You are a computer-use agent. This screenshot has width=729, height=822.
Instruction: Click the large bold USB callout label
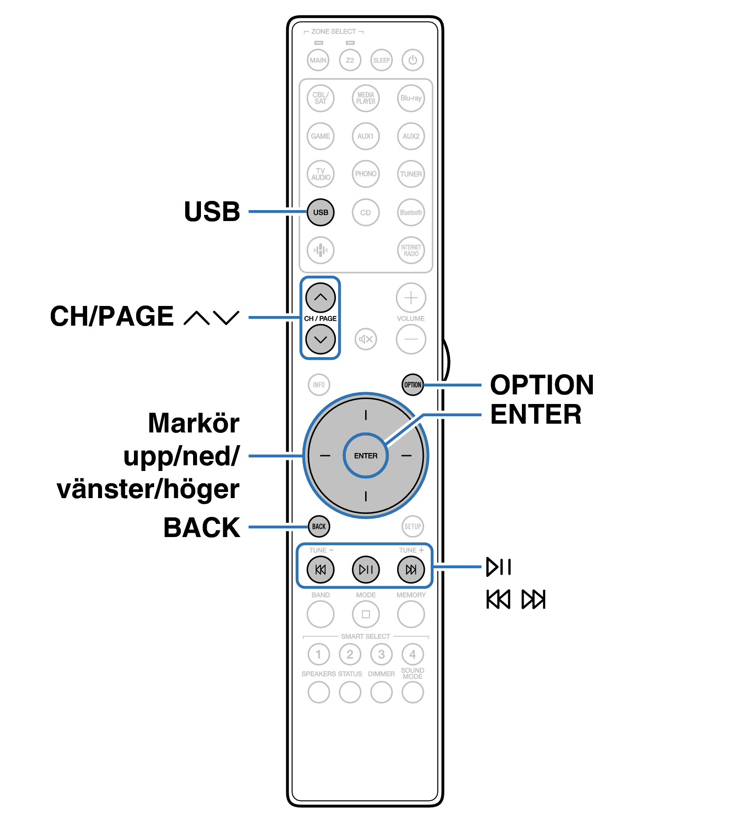212,212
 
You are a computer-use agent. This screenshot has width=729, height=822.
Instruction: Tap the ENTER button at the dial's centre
366,456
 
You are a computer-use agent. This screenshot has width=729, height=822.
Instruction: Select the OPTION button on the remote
412,385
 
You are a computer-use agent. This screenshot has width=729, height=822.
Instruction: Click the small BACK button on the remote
319,526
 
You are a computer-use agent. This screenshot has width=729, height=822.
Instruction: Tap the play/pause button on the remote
366,569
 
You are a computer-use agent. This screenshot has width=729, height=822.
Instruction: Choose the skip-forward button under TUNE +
411,569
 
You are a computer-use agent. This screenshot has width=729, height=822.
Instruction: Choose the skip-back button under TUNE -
320,569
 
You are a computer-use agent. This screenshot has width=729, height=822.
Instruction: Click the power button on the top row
412,60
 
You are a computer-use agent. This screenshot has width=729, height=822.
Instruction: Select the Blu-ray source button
411,98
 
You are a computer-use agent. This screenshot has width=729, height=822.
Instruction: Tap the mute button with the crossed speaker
366,339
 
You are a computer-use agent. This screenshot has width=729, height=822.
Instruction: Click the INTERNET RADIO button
411,250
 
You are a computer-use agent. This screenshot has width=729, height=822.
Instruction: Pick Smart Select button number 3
381,654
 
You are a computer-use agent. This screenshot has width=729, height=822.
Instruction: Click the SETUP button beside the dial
412,526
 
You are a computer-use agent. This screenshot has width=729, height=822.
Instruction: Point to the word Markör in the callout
194,423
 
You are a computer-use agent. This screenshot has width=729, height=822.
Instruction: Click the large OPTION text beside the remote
542,385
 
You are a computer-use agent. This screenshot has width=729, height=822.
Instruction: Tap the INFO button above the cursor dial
319,385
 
